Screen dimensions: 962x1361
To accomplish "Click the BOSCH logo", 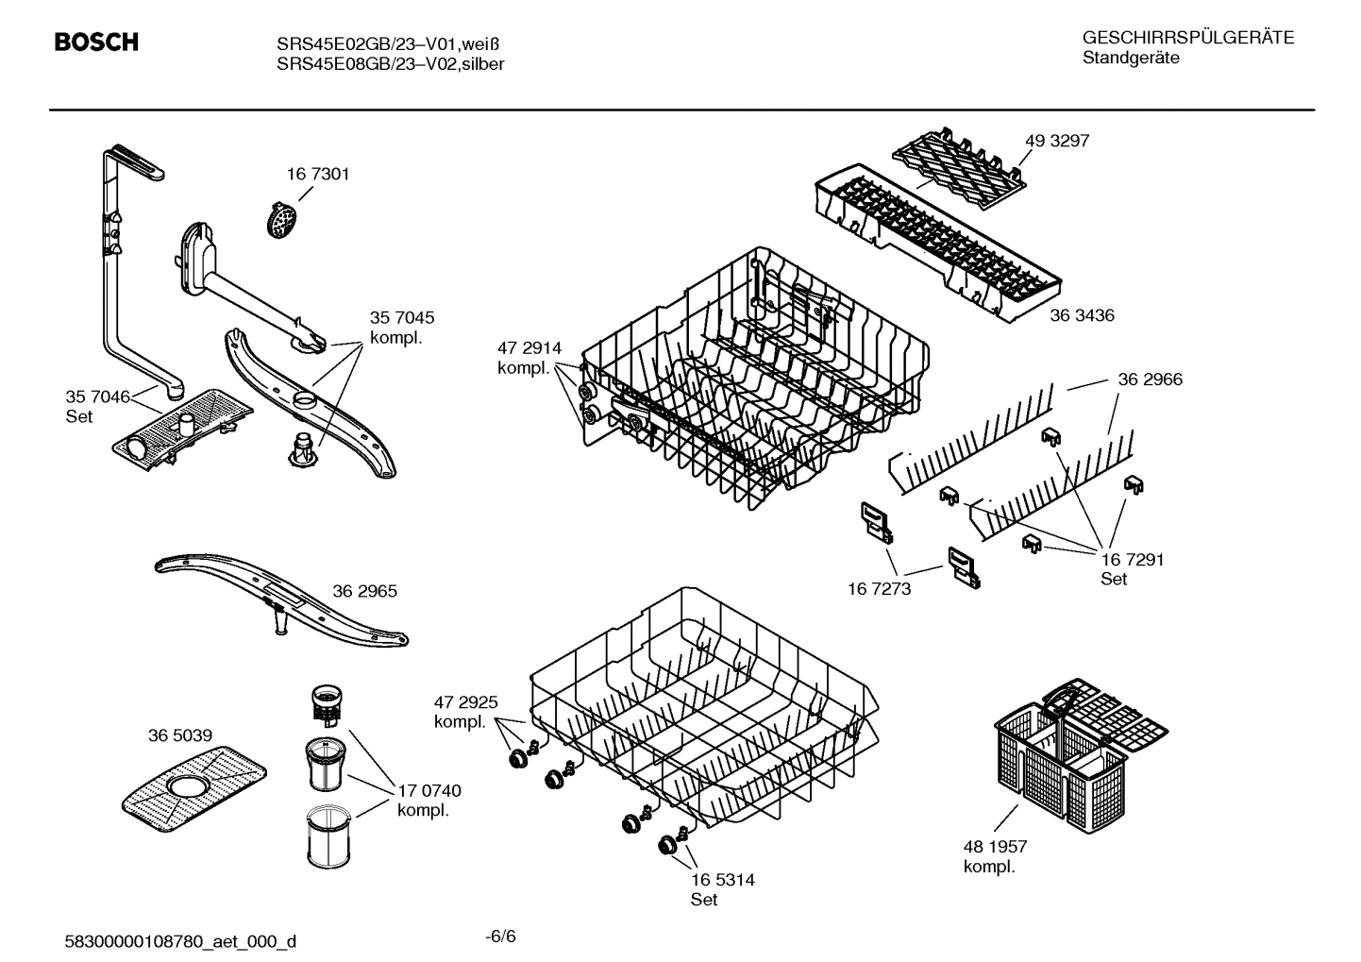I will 96,42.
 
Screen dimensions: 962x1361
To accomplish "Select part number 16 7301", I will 318,174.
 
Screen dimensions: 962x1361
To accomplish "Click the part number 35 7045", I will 402,318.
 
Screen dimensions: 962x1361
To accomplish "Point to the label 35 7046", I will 97,397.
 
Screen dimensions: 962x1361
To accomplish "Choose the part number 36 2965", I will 364,591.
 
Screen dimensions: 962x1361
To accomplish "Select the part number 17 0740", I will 429,790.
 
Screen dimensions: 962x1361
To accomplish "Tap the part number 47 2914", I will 529,348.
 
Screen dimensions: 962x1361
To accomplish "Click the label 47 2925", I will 465,702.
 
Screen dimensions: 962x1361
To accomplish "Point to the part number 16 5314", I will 723,880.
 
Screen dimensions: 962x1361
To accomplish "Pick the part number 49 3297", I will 1057,141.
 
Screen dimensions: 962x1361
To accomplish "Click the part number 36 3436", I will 1083,315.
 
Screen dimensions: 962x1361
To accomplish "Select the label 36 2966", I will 1150,380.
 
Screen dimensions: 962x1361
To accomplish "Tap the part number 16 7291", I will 1133,559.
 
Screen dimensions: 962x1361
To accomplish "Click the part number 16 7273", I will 880,589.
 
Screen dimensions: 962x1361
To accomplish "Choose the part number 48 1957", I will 996,847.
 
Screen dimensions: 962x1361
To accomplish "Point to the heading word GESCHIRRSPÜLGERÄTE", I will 1188,38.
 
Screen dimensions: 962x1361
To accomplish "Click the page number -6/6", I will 500,937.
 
